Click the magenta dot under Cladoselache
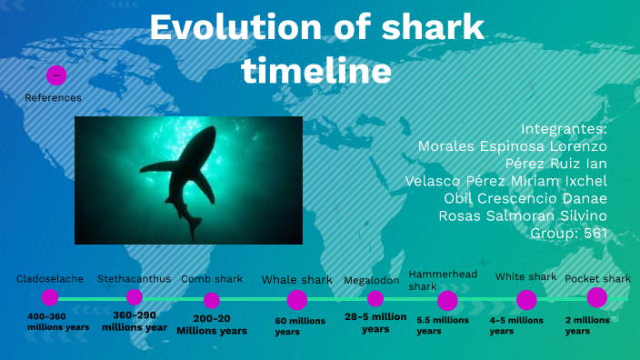click(50, 297)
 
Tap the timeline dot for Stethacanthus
click(135, 297)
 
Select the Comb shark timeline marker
click(212, 300)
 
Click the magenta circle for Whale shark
click(297, 300)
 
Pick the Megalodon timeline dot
click(375, 298)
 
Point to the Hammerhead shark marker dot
click(447, 301)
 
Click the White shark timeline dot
click(526, 300)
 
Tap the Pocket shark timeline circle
click(596, 297)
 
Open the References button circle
click(56, 75)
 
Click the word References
click(53, 97)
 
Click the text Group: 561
click(568, 233)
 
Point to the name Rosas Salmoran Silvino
click(523, 215)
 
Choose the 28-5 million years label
click(375, 323)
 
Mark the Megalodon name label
click(371, 280)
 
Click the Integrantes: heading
click(564, 128)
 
